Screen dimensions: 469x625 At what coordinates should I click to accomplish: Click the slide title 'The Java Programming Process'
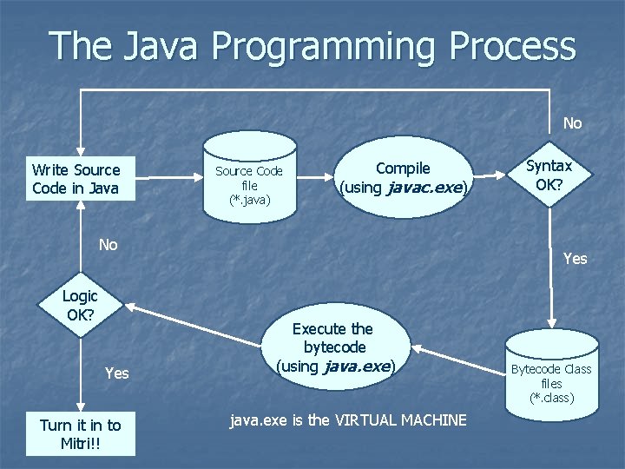[x=312, y=45]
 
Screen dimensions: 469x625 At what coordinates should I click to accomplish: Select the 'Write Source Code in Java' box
[x=76, y=179]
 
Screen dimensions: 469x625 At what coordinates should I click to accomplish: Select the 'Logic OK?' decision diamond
[x=80, y=305]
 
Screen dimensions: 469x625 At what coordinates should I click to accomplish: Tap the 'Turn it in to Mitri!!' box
[x=80, y=433]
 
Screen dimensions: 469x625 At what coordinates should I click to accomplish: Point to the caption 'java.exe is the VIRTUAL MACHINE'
[x=347, y=420]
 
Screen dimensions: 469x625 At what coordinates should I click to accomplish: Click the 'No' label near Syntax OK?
[x=572, y=123]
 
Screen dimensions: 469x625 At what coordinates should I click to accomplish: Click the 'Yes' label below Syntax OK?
[x=575, y=258]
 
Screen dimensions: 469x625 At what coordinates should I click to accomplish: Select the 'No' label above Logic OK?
[x=108, y=245]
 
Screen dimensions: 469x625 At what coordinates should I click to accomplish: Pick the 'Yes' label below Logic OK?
[x=116, y=373]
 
